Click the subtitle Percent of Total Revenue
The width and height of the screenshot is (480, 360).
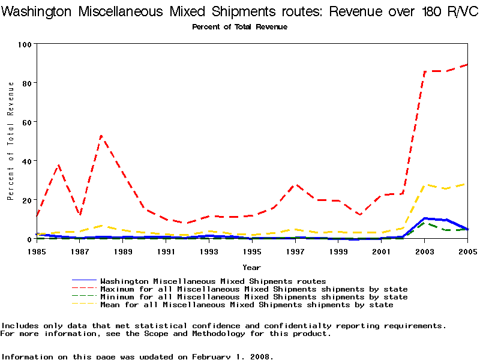(x=240, y=27)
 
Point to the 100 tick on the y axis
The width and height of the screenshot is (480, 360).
(x=25, y=44)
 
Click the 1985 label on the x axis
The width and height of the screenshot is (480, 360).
(x=37, y=252)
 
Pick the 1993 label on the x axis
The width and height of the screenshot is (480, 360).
(x=209, y=252)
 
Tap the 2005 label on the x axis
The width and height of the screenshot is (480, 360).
(x=467, y=252)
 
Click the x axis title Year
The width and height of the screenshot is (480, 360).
(x=251, y=267)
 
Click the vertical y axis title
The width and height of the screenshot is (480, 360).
(x=11, y=140)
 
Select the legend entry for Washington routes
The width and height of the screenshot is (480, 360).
(x=213, y=281)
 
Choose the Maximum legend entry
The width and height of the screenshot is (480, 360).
(x=254, y=289)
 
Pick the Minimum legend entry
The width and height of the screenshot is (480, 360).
(x=254, y=297)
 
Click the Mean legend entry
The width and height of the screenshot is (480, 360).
(x=247, y=305)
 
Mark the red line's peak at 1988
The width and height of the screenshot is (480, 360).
(x=101, y=136)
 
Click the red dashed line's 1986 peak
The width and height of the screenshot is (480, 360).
(x=58, y=164)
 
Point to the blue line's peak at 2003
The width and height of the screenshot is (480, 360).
(x=425, y=218)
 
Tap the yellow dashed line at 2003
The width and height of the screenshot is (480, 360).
(x=425, y=185)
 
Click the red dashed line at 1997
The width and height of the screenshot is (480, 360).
(x=295, y=185)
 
